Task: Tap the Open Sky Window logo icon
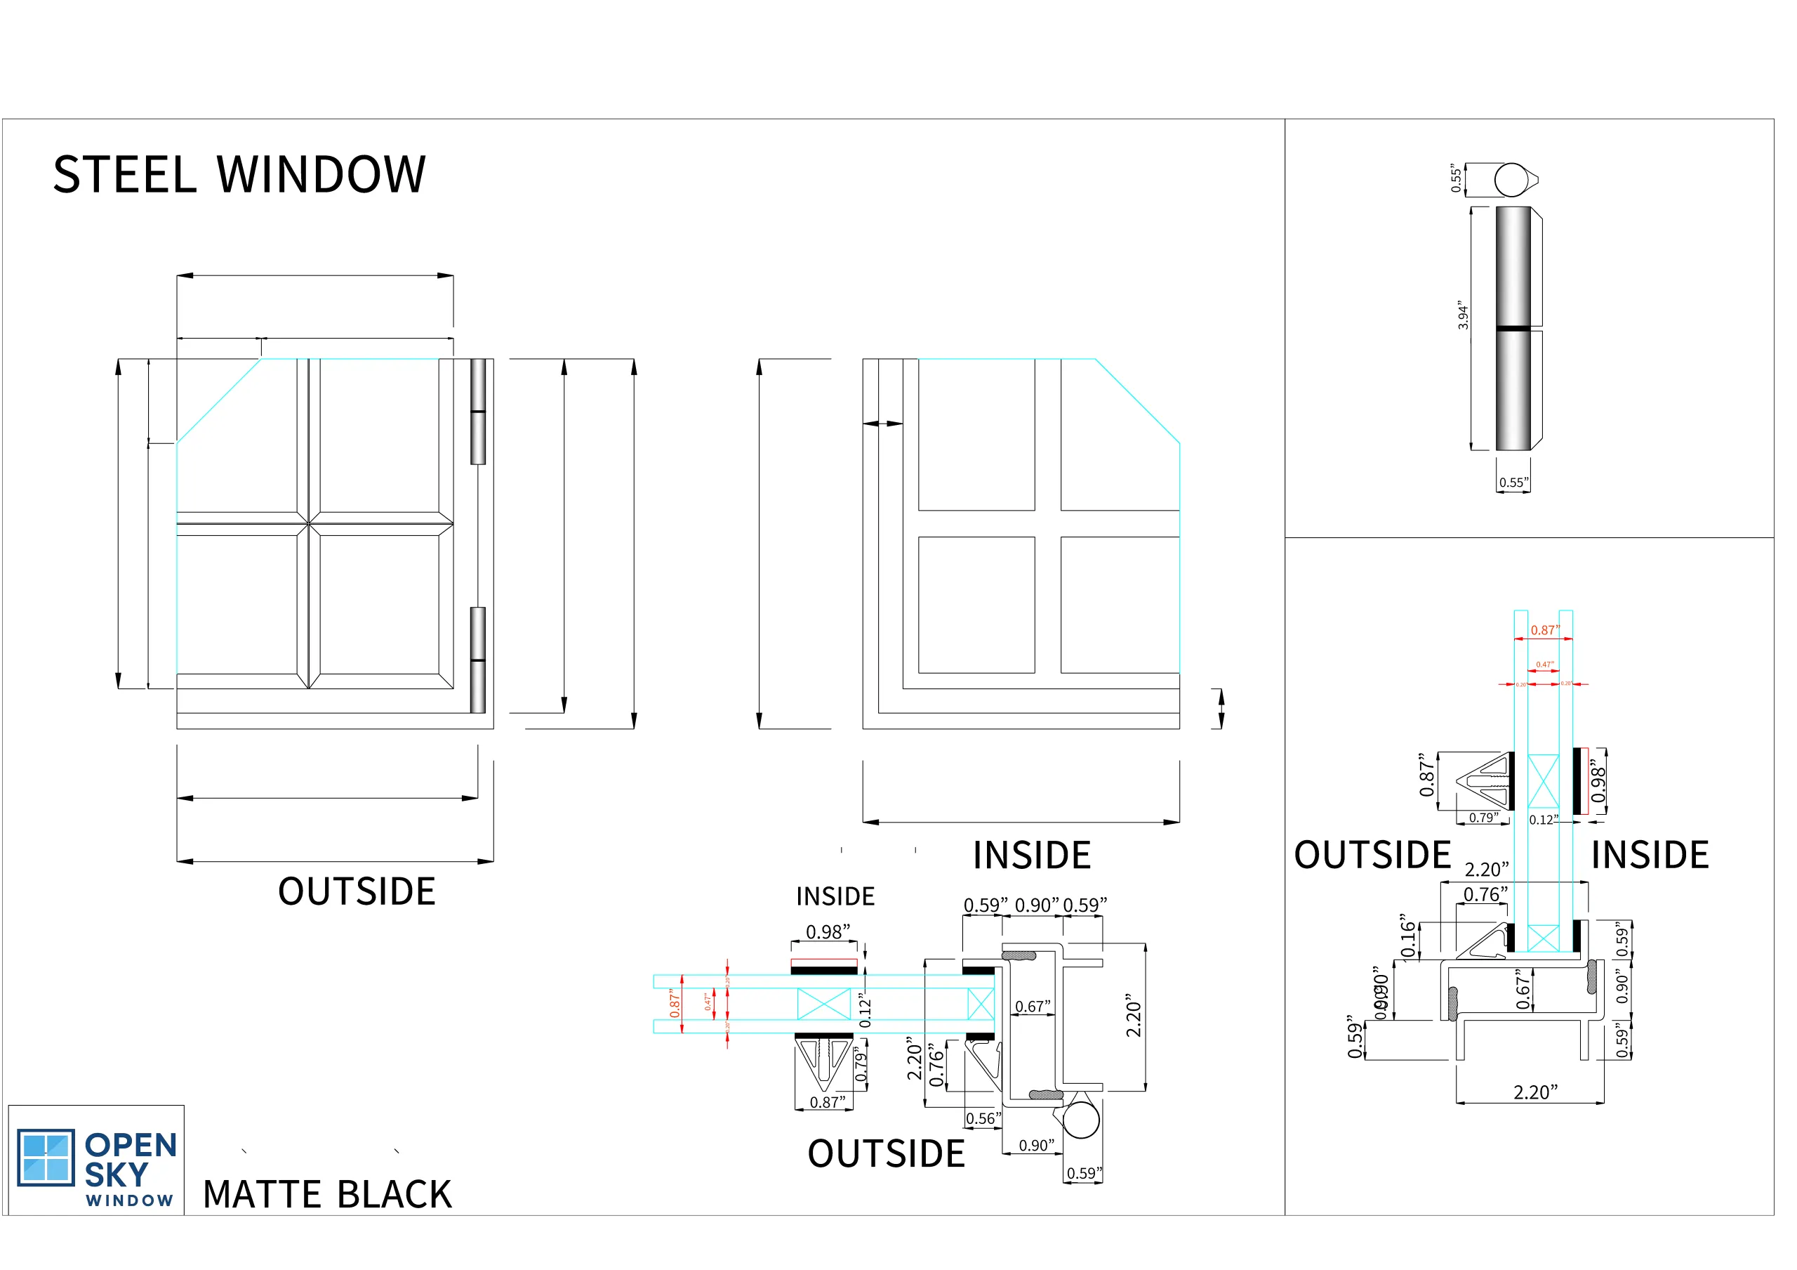click(46, 1158)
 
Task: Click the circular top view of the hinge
click(1512, 180)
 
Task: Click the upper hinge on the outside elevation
click(478, 411)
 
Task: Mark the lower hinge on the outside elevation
click(478, 660)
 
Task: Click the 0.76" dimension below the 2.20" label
click(1486, 895)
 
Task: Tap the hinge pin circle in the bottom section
click(1082, 1121)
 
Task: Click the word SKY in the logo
click(117, 1175)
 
